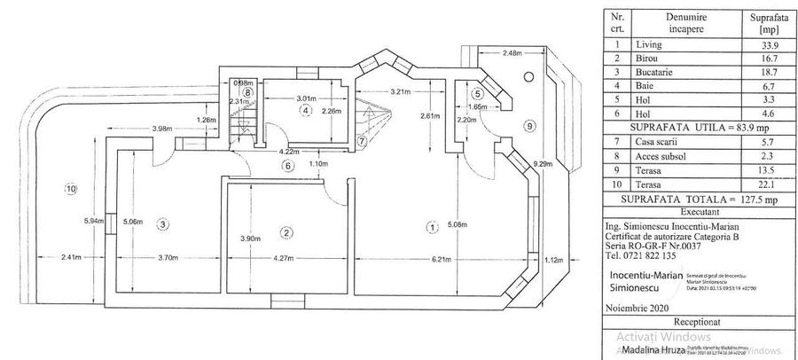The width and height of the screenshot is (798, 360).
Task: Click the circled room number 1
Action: pos(432,227)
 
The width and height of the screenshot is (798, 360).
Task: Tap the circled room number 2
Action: pos(286,233)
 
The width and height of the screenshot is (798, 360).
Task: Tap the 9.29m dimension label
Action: pos(544,164)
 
